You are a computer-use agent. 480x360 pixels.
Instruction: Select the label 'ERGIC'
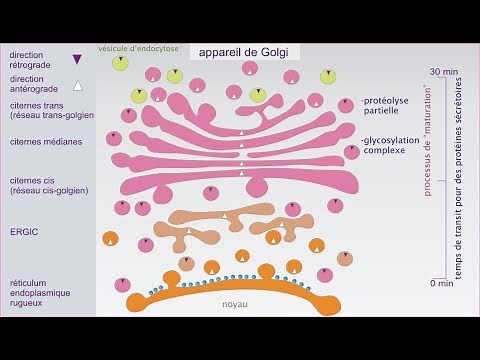pos(23,227)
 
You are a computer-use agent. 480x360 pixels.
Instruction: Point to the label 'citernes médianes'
pos(45,141)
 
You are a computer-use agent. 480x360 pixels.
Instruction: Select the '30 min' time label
pos(445,72)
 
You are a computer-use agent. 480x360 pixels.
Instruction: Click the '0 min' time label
pos(442,285)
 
